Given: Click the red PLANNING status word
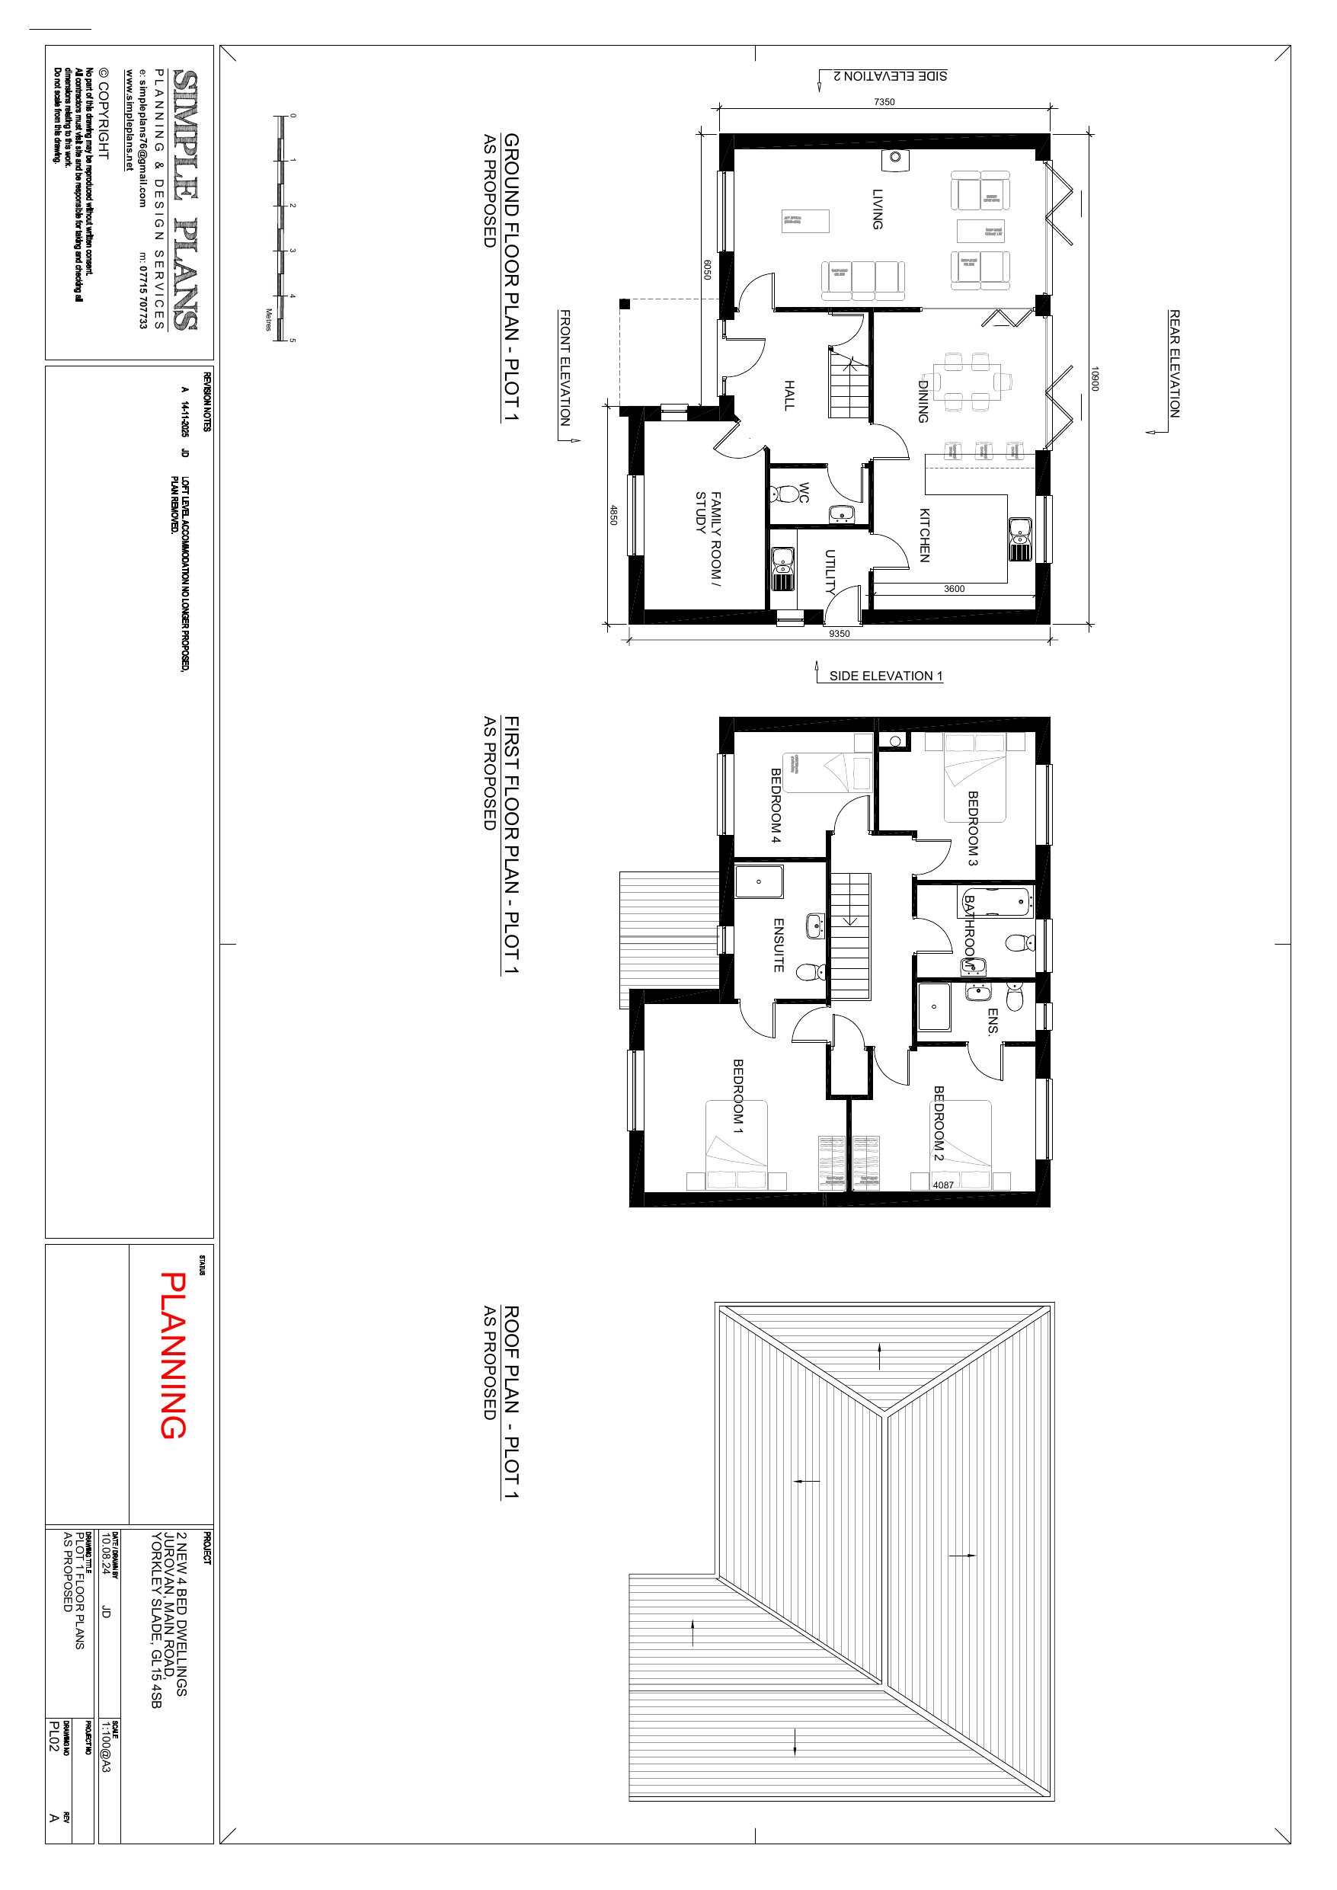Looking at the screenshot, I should [173, 1355].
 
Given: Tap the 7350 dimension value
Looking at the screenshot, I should [884, 102].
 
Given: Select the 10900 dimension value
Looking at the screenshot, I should [1095, 379].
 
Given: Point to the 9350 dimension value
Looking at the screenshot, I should [839, 634].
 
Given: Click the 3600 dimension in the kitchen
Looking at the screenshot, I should [954, 589].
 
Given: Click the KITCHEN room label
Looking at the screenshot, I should [925, 535].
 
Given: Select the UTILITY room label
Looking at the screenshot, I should [830, 571].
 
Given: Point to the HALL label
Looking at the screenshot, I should [788, 395].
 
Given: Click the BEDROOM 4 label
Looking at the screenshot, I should [776, 806].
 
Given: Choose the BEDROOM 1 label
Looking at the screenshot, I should [738, 1096].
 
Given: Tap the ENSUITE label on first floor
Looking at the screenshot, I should [779, 945].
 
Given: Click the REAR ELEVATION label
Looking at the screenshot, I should [1175, 363].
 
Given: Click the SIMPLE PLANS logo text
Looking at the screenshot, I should [185, 200].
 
